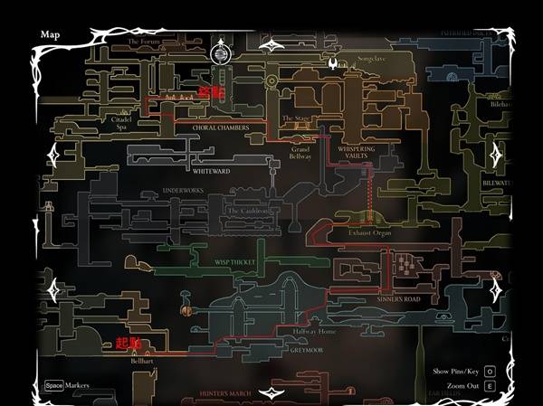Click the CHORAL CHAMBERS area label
tap(220, 128)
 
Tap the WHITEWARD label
tap(212, 169)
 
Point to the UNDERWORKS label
tap(185, 191)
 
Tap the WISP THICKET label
tap(234, 262)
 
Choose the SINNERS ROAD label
tap(399, 298)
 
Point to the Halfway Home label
tap(314, 332)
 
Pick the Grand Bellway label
tap(300, 152)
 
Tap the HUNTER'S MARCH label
tap(224, 393)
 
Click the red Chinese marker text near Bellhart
tap(129, 343)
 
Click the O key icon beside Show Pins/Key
tap(489, 372)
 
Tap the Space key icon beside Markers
tap(53, 385)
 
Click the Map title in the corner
tap(51, 34)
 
